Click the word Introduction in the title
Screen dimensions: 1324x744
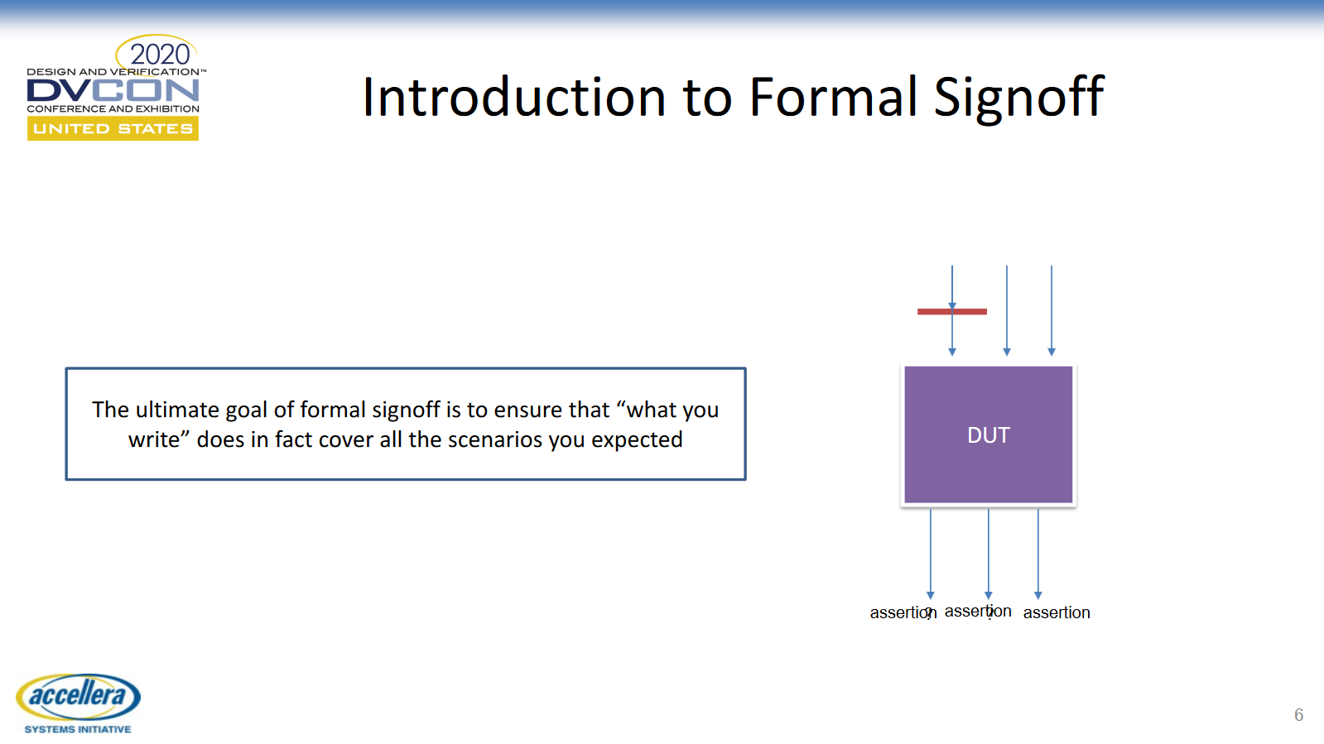tap(514, 97)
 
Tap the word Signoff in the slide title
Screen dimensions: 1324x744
tap(1018, 99)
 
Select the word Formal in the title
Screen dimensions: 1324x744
tap(832, 97)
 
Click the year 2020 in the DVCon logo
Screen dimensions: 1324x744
tap(159, 55)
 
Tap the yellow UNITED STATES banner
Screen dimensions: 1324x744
tap(113, 129)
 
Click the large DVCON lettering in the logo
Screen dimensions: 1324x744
tap(113, 91)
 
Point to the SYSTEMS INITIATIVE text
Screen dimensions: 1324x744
tap(78, 729)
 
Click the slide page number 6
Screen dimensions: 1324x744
tap(1298, 715)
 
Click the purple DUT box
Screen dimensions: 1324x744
tap(989, 435)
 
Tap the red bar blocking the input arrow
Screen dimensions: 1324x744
tap(951, 311)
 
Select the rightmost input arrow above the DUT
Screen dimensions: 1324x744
tap(1052, 310)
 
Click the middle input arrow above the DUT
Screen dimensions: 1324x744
tap(1007, 310)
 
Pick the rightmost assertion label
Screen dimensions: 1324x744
tap(1057, 612)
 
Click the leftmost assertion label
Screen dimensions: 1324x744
tap(903, 612)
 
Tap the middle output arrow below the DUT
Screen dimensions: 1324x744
tap(989, 554)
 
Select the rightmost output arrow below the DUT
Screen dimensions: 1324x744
tap(1038, 554)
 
